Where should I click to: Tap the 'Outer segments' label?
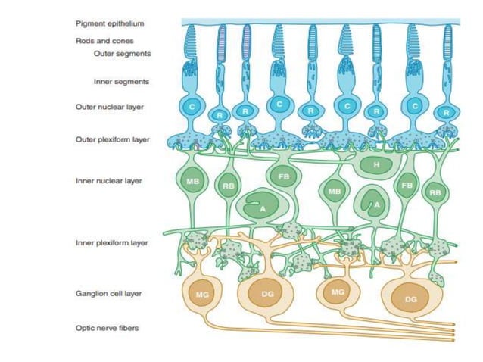tap(122, 54)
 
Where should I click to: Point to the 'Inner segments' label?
tap(121, 81)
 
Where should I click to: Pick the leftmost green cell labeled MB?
tap(192, 181)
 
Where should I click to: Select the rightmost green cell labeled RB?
tap(435, 192)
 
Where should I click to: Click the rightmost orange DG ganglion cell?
tap(410, 299)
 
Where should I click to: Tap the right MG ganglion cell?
tap(338, 291)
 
